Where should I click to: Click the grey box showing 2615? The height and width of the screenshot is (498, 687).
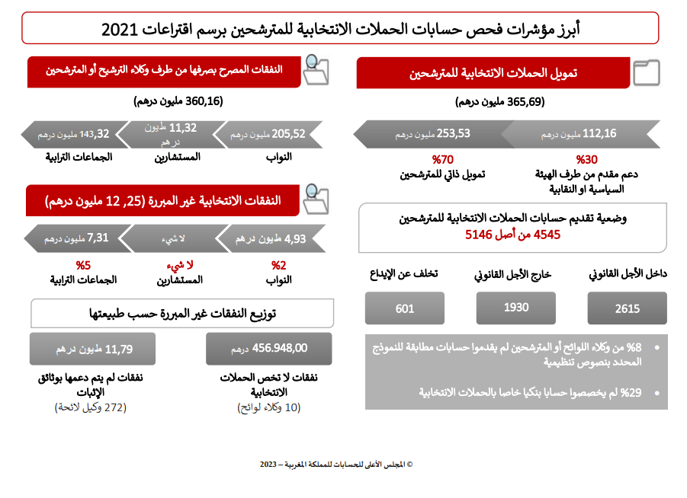coord(627,308)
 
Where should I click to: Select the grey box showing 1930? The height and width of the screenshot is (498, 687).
coord(515,308)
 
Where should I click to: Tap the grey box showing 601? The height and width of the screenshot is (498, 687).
coord(404,308)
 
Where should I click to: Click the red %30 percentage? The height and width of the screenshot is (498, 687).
coord(586,160)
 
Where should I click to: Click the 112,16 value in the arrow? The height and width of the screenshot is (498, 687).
coord(599,134)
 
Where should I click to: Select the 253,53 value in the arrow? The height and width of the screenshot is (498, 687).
coord(453,134)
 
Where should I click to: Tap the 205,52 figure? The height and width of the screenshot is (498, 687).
coord(289,134)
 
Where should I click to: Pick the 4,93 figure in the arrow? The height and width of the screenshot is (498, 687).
coord(294,238)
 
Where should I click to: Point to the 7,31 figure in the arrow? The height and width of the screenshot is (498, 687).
coord(98,238)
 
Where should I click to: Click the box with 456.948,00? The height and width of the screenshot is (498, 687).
coord(268,348)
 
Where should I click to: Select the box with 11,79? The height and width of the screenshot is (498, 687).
coord(92,349)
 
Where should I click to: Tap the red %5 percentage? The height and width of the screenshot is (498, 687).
coord(83,266)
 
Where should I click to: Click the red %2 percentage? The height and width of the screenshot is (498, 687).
coord(279,266)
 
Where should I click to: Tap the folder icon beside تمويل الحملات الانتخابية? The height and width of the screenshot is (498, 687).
coord(647,73)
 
